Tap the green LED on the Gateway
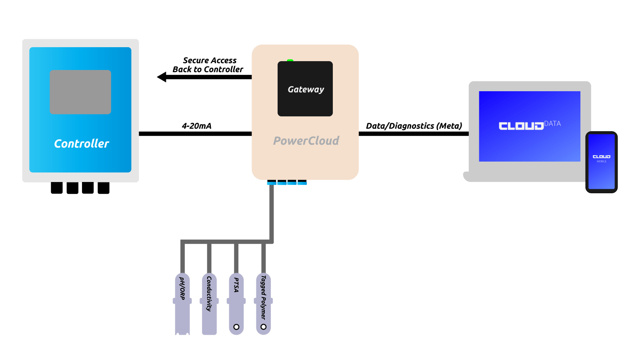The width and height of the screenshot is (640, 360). (x=290, y=60)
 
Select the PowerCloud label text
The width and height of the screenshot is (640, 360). (x=306, y=141)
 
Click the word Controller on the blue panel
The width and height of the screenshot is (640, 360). (x=81, y=144)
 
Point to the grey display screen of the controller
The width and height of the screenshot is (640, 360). (x=80, y=92)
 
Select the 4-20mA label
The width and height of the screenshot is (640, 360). (x=196, y=126)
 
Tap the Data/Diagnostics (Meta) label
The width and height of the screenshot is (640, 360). (x=414, y=126)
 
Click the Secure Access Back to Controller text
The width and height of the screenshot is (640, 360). (x=208, y=65)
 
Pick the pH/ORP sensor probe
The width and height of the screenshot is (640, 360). (x=182, y=304)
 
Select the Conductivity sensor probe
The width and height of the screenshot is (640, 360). (x=209, y=304)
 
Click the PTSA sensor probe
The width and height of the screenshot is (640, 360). (x=236, y=304)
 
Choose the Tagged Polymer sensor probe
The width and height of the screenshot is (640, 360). (x=263, y=304)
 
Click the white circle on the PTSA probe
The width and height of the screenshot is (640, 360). (x=236, y=327)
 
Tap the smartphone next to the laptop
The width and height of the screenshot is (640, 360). (x=601, y=162)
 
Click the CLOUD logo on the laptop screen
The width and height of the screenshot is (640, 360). (x=521, y=126)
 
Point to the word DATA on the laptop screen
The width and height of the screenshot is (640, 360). (x=552, y=124)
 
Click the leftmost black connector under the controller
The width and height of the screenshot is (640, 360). (x=57, y=188)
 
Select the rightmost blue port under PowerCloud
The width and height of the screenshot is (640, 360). (x=302, y=183)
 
